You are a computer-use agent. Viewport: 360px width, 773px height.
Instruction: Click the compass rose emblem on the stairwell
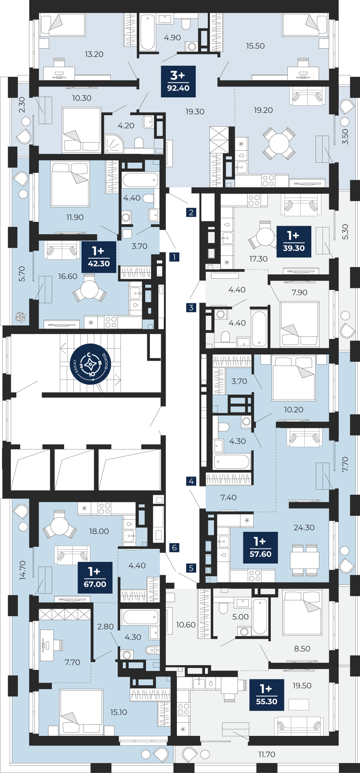point(90,364)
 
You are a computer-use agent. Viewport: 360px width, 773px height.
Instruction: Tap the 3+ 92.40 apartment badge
point(178,81)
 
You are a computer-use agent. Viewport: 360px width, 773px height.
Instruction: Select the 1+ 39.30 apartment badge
point(294,242)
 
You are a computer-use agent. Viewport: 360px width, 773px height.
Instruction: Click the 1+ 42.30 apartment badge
point(99,257)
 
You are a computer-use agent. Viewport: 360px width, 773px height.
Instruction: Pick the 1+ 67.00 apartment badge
point(95,577)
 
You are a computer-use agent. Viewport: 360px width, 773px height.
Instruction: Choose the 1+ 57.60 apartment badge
point(260,547)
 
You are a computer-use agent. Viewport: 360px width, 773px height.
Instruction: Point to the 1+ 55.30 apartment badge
point(267,695)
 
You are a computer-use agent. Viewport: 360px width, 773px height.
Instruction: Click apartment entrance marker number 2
point(191,212)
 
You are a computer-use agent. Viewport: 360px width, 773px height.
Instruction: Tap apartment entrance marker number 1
point(175,257)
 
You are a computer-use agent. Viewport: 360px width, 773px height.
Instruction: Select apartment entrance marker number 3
point(191,308)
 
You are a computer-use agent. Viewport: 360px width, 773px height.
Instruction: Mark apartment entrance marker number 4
point(191,481)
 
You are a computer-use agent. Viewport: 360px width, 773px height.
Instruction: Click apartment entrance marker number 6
point(175,547)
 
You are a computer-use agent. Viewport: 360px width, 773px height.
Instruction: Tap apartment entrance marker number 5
point(191,568)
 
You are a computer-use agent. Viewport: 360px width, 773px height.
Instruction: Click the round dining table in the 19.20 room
point(279,143)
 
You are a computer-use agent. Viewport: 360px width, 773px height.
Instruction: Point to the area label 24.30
point(304,528)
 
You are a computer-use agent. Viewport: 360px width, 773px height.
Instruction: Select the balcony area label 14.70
point(22,570)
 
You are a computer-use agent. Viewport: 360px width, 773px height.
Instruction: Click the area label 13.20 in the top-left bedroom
point(94,54)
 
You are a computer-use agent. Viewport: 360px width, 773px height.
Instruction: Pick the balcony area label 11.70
point(267,754)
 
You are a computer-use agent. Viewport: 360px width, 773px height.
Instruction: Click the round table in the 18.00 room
point(59,526)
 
